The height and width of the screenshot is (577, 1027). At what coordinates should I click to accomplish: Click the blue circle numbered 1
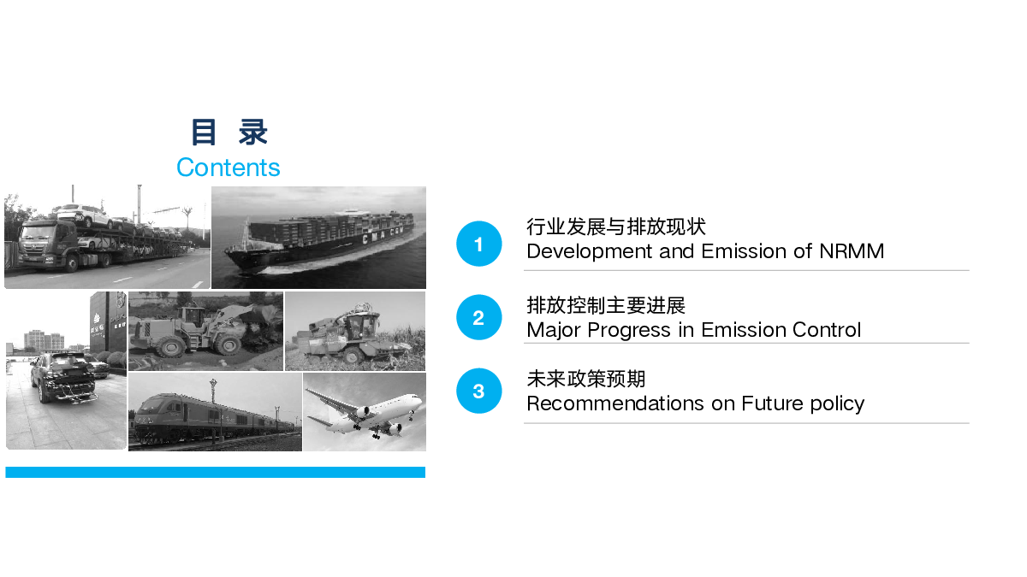(x=478, y=244)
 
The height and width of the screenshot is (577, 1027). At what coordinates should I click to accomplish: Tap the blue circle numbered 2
(x=478, y=317)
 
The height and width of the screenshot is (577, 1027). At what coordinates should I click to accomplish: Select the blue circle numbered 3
(x=478, y=392)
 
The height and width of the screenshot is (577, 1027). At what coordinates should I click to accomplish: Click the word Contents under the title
(x=228, y=168)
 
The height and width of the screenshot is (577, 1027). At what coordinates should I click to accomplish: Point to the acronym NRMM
(x=852, y=251)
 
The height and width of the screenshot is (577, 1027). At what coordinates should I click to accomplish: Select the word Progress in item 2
(x=629, y=331)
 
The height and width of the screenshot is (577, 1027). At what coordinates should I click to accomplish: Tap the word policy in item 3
(x=837, y=404)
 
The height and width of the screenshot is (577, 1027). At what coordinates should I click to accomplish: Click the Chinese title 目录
(x=229, y=132)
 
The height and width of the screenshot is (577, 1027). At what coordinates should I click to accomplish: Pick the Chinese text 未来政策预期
(x=586, y=380)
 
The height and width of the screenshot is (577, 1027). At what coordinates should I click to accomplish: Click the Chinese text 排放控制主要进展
(x=606, y=305)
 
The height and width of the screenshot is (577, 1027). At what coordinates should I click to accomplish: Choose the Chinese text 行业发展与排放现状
(x=615, y=227)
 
